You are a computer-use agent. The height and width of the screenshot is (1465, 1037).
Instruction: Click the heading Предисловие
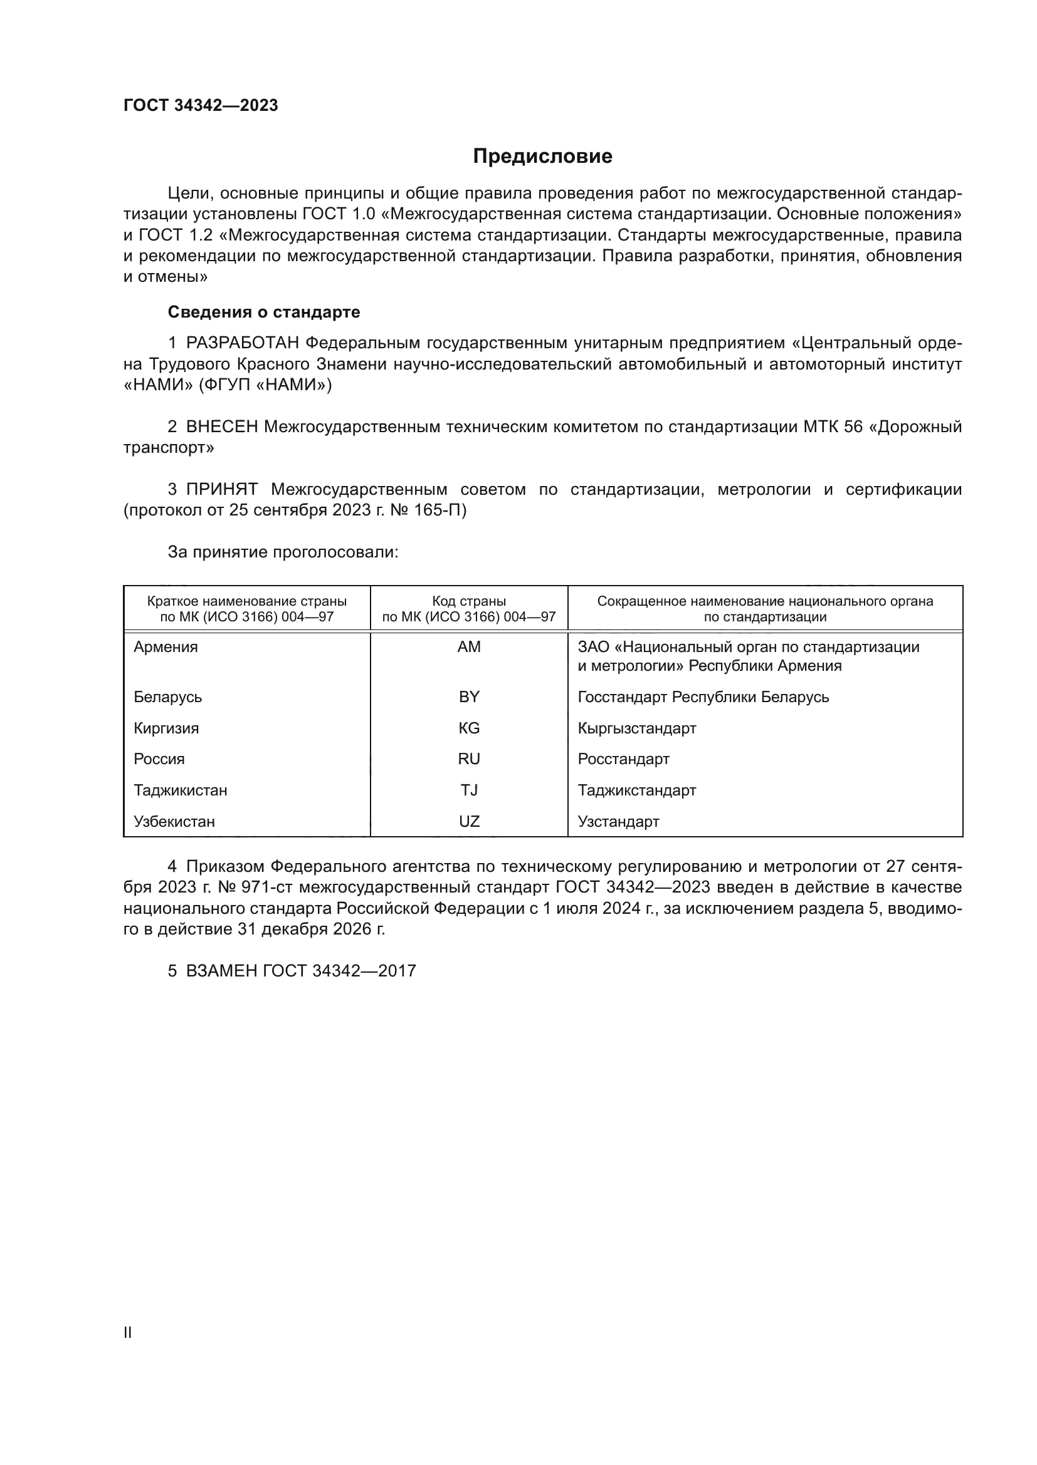(x=542, y=157)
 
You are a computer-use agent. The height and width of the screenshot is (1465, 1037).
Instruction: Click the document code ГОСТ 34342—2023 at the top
(x=201, y=105)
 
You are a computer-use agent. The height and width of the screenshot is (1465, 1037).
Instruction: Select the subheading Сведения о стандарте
(x=264, y=312)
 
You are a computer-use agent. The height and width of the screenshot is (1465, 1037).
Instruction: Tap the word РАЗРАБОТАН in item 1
(x=243, y=343)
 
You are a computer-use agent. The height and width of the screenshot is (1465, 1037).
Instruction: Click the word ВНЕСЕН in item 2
(x=221, y=427)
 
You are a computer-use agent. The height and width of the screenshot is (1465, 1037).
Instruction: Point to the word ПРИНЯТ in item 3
(x=221, y=489)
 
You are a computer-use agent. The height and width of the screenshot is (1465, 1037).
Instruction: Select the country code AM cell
(x=469, y=647)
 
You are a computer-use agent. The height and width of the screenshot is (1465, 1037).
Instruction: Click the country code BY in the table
(x=469, y=696)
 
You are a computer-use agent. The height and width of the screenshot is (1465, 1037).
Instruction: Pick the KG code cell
(x=469, y=728)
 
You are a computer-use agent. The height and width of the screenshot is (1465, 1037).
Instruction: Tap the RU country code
(x=469, y=758)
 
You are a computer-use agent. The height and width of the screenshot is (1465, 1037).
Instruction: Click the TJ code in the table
(x=469, y=790)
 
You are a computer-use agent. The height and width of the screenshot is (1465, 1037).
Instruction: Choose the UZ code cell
(x=469, y=821)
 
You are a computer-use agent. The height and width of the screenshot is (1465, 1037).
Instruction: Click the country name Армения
(x=166, y=647)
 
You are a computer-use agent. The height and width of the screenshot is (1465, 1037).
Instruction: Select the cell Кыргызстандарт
(x=636, y=728)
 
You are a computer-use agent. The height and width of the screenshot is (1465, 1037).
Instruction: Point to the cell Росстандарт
(x=623, y=758)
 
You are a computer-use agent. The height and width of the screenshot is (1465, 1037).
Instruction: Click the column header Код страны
(x=469, y=601)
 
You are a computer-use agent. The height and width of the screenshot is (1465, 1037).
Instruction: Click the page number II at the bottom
(x=128, y=1332)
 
